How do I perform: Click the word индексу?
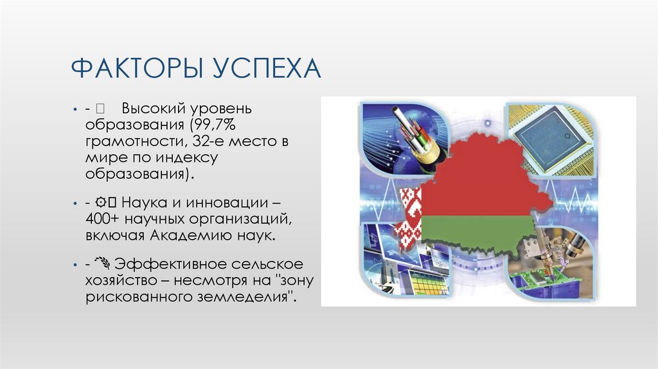coord(191,157)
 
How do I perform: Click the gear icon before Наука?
coord(102,202)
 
